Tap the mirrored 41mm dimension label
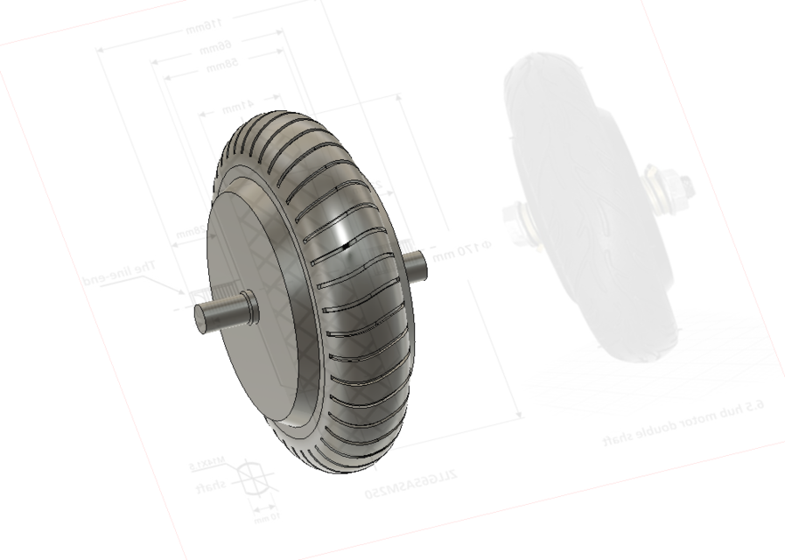coord(235,106)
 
